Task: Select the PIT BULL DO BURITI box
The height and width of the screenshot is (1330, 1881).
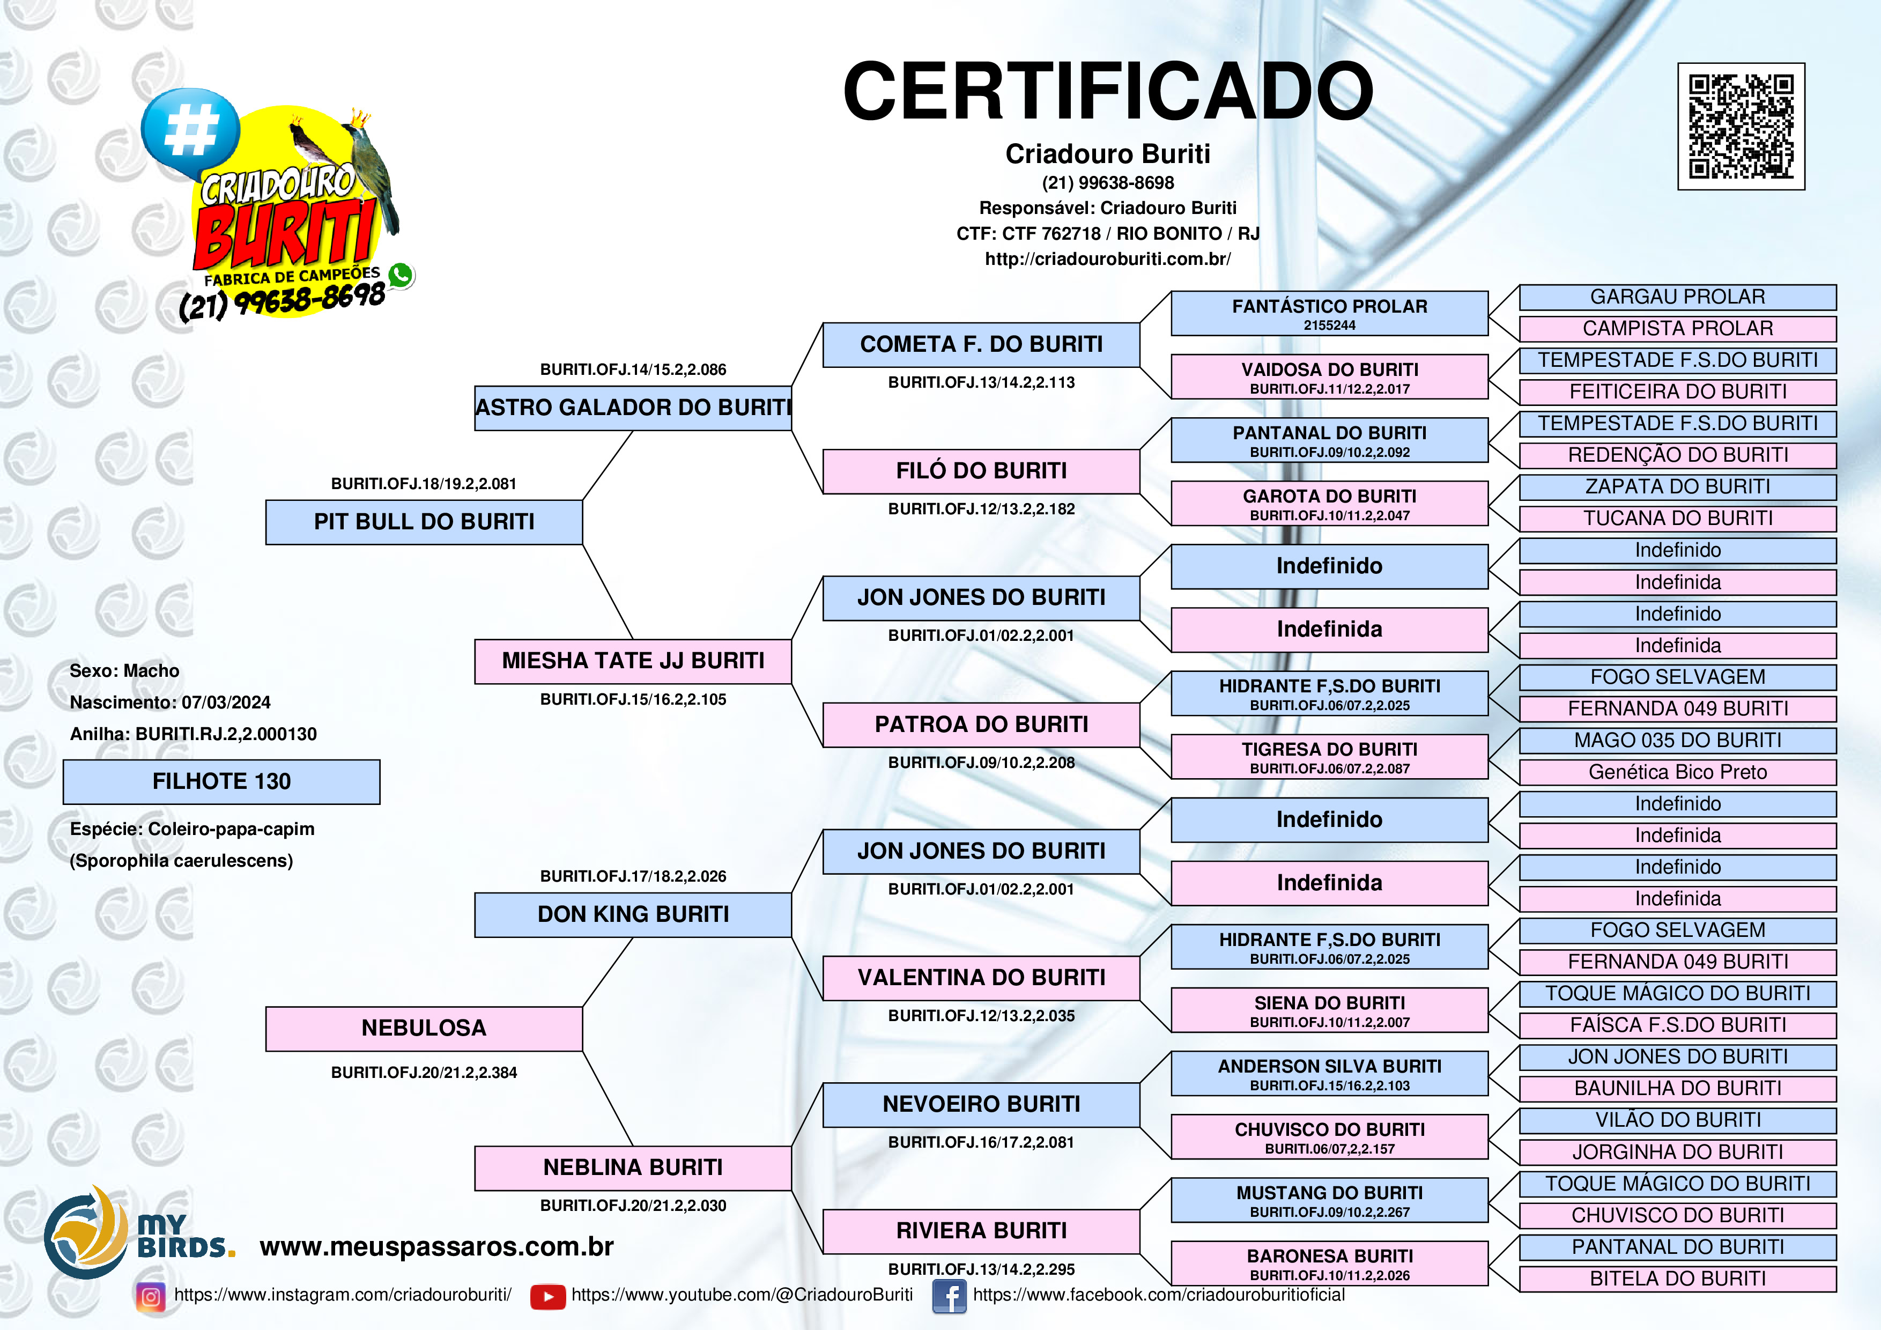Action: click(424, 522)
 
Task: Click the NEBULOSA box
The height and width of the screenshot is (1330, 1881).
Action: click(424, 1029)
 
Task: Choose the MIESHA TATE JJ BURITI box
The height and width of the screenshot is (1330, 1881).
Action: click(633, 661)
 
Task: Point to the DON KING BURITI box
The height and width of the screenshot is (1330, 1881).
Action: click(633, 914)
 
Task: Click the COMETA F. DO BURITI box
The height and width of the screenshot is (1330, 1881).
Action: click(981, 345)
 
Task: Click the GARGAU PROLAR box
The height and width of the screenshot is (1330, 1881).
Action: click(1677, 297)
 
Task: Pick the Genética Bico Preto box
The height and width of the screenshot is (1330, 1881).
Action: click(1677, 772)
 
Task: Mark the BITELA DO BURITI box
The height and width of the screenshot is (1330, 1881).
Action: click(1677, 1279)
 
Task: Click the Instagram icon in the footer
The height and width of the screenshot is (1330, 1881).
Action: click(151, 1296)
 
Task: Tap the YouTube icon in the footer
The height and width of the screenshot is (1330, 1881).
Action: click(547, 1296)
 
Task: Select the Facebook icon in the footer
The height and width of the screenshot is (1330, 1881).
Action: click(949, 1296)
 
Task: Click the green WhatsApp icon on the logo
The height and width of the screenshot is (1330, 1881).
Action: click(401, 275)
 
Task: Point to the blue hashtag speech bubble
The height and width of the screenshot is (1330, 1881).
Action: click(190, 131)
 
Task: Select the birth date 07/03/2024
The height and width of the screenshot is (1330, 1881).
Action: click(226, 703)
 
